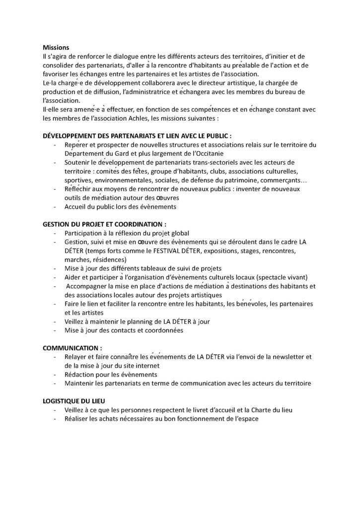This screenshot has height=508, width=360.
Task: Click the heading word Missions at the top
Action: click(x=56, y=48)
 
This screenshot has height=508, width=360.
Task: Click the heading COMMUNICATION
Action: click(x=73, y=348)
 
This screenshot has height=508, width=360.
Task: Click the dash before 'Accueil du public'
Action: click(x=54, y=207)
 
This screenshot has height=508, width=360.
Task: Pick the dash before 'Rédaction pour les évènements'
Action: click(x=54, y=375)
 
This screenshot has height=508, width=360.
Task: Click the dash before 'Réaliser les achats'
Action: click(x=54, y=419)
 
